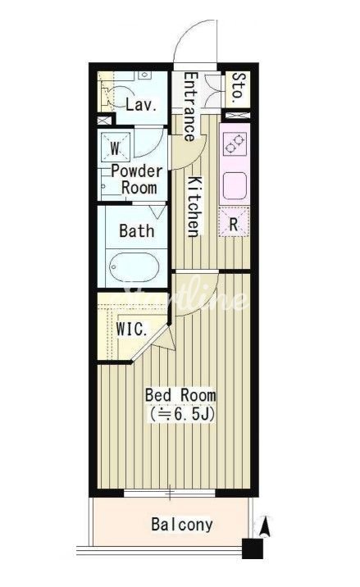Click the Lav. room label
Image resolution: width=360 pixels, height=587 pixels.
pyautogui.click(x=141, y=104)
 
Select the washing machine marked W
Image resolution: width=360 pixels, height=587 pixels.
pyautogui.click(x=116, y=148)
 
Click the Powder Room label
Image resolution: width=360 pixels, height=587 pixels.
pyautogui.click(x=137, y=180)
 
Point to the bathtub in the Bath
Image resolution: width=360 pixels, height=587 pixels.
pyautogui.click(x=134, y=267)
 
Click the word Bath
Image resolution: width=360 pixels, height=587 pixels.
pyautogui.click(x=137, y=230)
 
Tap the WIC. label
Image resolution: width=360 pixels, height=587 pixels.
pyautogui.click(x=131, y=330)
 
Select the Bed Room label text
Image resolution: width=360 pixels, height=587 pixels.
pyautogui.click(x=180, y=395)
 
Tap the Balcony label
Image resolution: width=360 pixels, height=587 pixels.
pyautogui.click(x=182, y=525)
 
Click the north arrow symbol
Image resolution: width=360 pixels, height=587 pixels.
pyautogui.click(x=265, y=527)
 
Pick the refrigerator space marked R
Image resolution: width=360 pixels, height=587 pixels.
pyautogui.click(x=234, y=223)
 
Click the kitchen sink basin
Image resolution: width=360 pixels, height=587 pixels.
pyautogui.click(x=235, y=185)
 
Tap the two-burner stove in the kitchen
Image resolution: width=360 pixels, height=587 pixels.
pyautogui.click(x=235, y=144)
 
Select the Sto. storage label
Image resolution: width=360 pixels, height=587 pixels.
pyautogui.click(x=239, y=89)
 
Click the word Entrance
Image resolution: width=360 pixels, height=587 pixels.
pyautogui.click(x=189, y=107)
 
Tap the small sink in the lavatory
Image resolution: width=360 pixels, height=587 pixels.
pyautogui.click(x=144, y=75)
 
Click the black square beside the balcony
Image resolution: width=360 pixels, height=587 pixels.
pyautogui.click(x=253, y=548)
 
